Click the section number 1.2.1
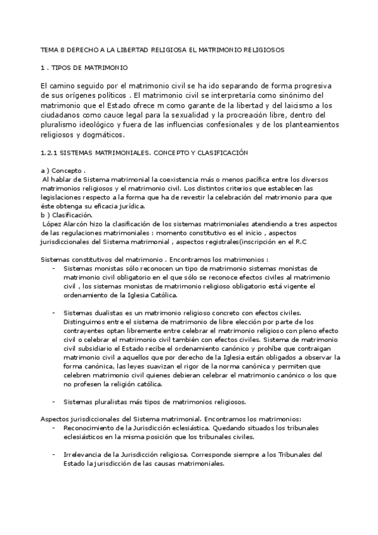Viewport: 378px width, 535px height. (48, 153)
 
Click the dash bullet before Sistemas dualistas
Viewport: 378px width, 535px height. (54, 312)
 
